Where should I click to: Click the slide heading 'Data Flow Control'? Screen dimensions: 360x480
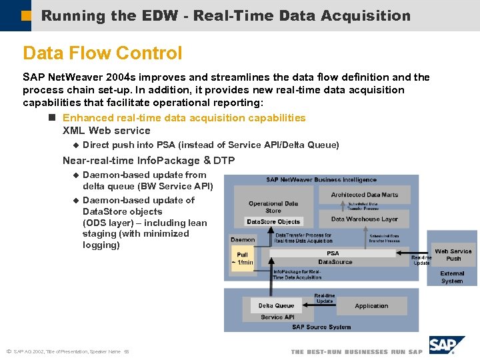[102, 53]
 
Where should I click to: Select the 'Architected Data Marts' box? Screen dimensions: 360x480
[364, 195]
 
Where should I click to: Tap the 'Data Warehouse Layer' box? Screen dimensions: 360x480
[364, 219]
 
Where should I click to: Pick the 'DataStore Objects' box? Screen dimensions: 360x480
[273, 221]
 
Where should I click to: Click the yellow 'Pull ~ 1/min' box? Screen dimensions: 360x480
[242, 258]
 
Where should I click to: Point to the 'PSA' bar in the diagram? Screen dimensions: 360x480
[333, 253]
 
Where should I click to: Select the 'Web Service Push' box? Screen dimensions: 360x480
[453, 255]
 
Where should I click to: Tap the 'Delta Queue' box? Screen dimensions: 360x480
[276, 305]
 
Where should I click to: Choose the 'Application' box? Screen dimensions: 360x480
[371, 306]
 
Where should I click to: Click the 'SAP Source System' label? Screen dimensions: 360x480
[321, 327]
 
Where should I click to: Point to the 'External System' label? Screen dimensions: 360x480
[452, 277]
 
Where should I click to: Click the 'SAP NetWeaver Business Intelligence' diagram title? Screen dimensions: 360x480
[321, 179]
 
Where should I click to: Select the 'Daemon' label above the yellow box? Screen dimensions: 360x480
[243, 239]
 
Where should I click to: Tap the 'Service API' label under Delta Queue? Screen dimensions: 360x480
[277, 317]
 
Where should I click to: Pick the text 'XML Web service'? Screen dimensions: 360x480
[106, 131]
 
